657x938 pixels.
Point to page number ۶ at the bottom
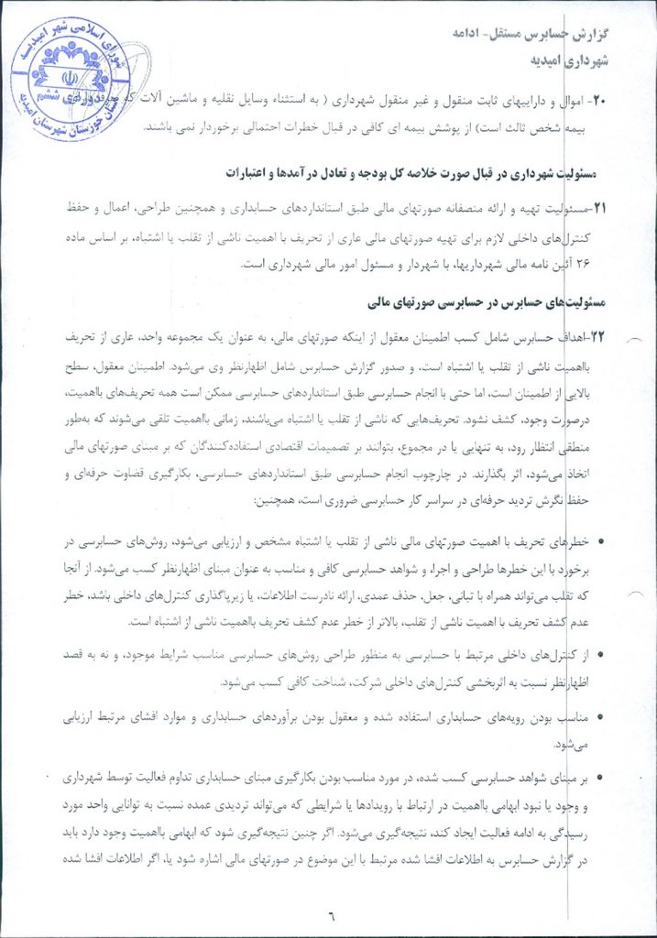click(333, 912)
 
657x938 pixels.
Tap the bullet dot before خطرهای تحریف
click(600, 542)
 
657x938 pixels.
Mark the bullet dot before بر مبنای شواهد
click(600, 778)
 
